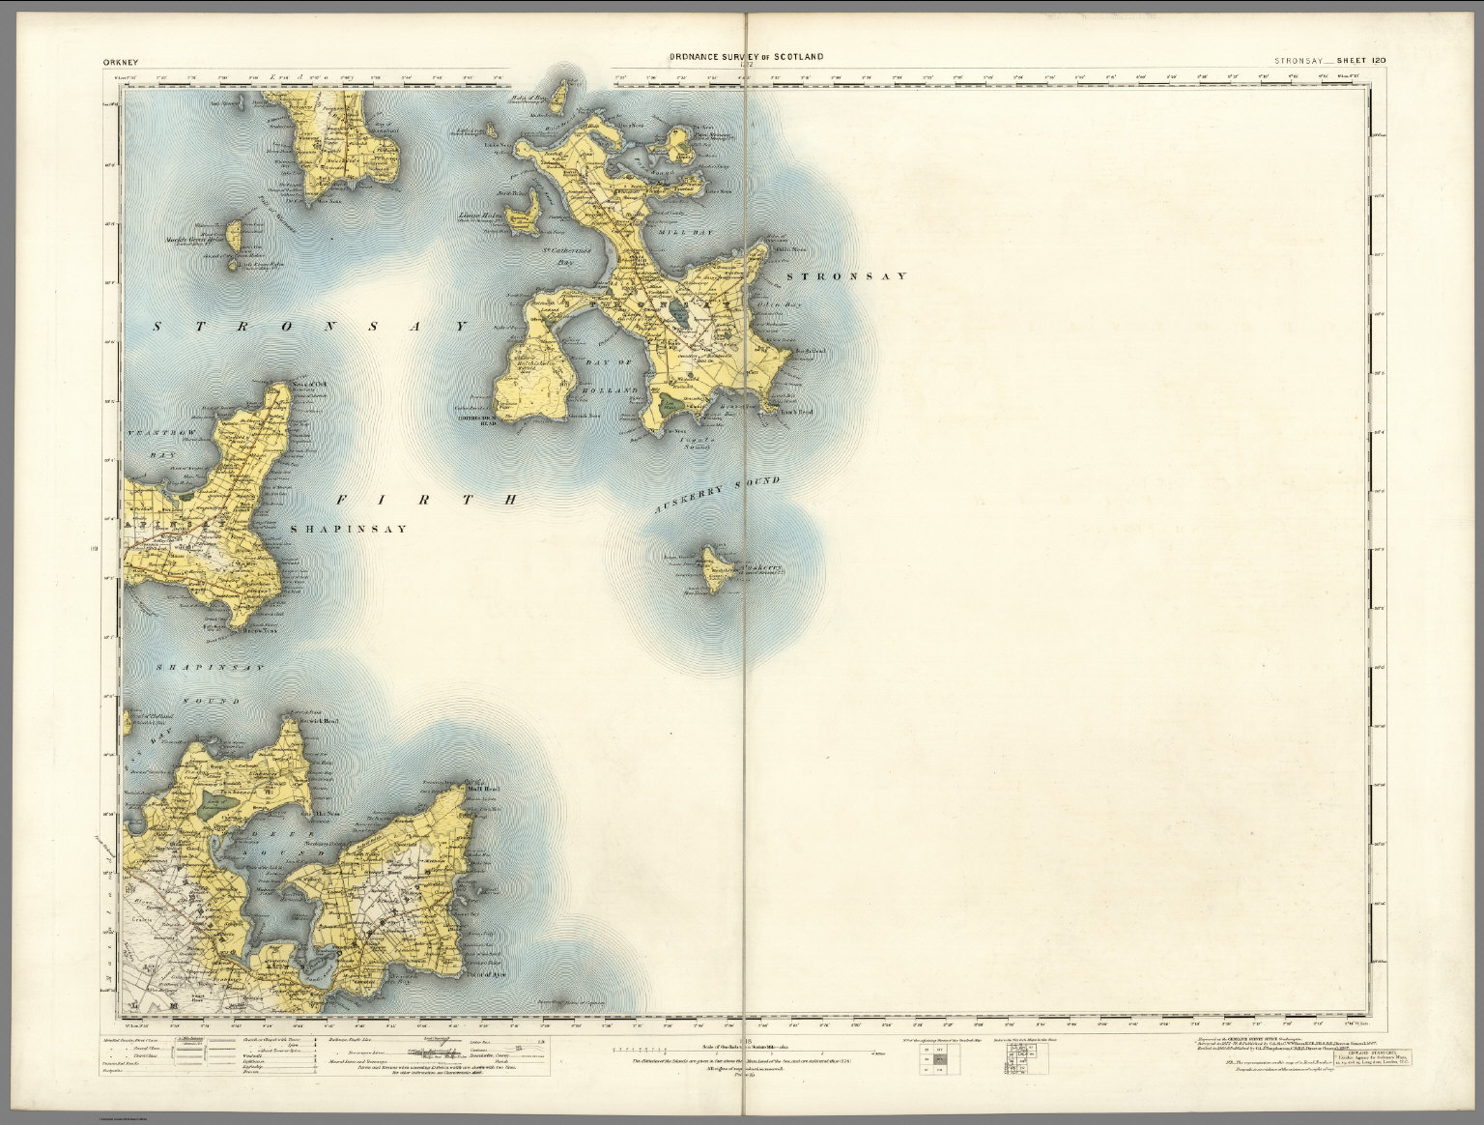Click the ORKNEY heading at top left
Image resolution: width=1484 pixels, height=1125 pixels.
pyautogui.click(x=119, y=60)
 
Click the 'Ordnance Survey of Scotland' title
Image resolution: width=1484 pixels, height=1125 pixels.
pyautogui.click(x=747, y=57)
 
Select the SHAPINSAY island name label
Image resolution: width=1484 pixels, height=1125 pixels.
pyautogui.click(x=348, y=530)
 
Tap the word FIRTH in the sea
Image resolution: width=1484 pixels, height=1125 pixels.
pyautogui.click(x=428, y=500)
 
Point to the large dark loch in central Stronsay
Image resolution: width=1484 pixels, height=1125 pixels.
pyautogui.click(x=682, y=314)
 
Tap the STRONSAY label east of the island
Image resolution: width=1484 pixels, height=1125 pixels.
pyautogui.click(x=846, y=276)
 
